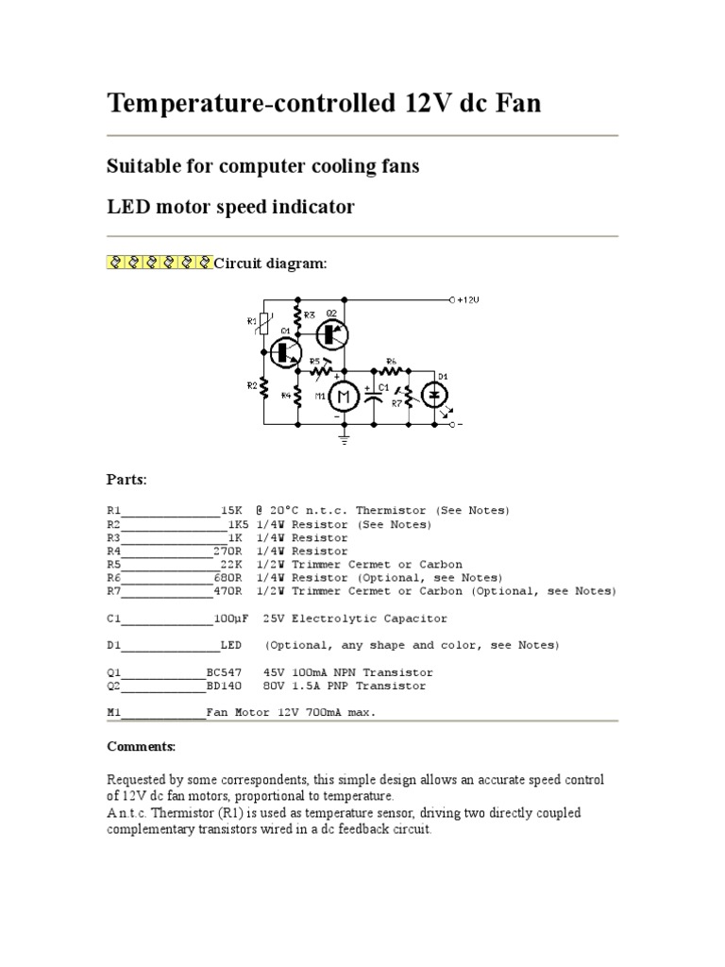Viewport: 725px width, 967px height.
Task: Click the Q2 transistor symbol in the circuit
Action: (x=331, y=333)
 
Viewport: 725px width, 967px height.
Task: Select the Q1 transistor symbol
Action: (x=283, y=351)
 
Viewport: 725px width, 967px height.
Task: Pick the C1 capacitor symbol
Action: (x=374, y=397)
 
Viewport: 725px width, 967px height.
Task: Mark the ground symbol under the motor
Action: (x=344, y=436)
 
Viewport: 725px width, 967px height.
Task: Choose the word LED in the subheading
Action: (x=127, y=207)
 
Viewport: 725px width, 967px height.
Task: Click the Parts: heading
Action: (x=126, y=480)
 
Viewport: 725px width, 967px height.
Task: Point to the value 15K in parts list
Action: (x=232, y=510)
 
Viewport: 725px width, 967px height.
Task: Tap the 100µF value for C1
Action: (x=232, y=619)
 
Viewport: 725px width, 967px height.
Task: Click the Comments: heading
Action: (x=141, y=746)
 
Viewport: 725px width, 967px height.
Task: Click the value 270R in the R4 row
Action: (x=228, y=551)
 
